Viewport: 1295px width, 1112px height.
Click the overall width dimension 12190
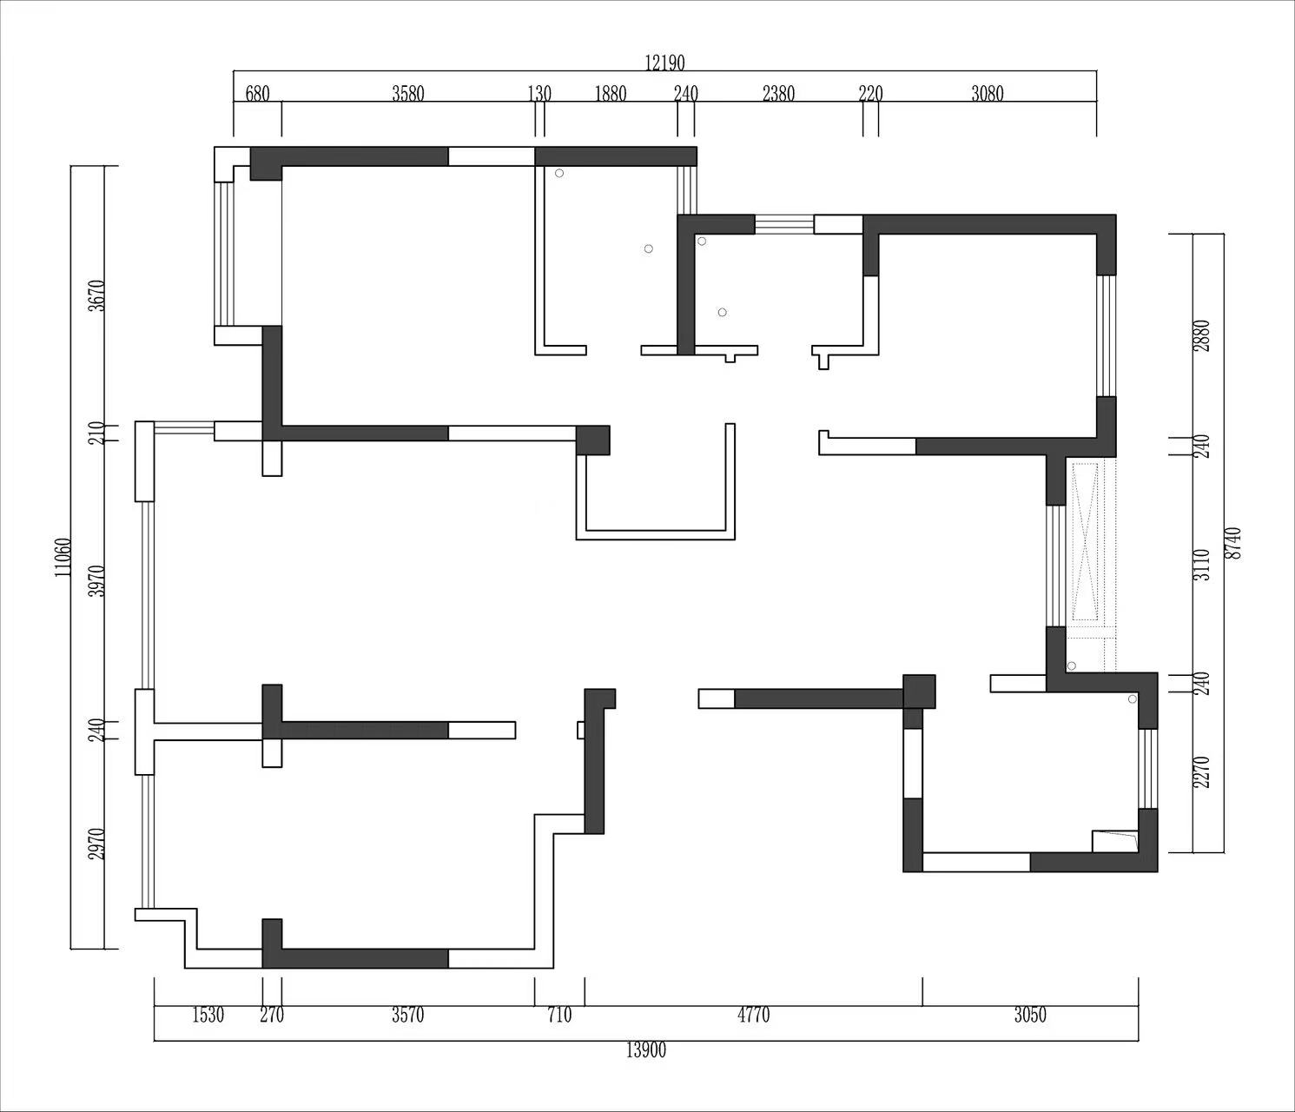pos(664,63)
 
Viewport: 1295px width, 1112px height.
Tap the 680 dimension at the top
pos(257,94)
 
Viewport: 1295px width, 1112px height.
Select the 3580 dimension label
pos(408,94)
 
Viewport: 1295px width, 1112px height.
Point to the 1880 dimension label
pos(611,94)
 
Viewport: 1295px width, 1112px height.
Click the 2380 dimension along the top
pos(779,94)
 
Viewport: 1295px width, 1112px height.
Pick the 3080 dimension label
pos(988,94)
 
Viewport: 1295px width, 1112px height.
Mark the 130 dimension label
pos(539,94)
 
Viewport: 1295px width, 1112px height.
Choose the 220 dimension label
pos(871,94)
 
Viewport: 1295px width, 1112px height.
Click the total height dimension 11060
pos(63,557)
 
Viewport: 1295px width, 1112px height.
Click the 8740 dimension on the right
pos(1233,543)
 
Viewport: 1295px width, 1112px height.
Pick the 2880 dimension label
pos(1202,336)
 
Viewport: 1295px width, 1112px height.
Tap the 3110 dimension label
pos(1202,565)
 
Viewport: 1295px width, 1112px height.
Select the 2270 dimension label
pos(1202,772)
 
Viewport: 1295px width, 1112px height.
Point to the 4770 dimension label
pos(753,1015)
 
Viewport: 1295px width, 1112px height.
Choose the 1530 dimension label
pos(208,1015)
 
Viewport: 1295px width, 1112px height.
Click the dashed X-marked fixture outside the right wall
pos(1086,542)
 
